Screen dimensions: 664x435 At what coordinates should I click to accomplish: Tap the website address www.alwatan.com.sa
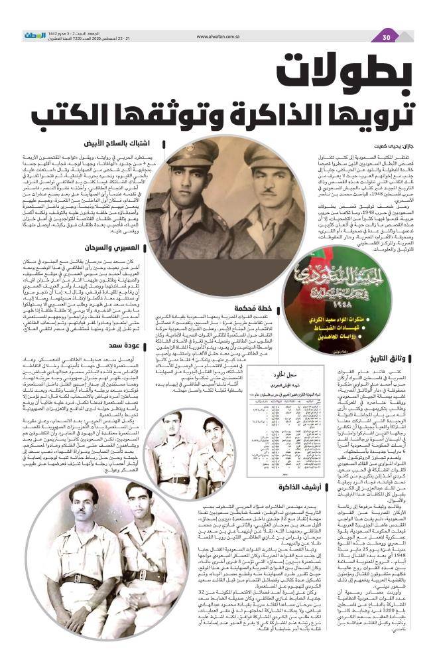pyautogui.click(x=218, y=37)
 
